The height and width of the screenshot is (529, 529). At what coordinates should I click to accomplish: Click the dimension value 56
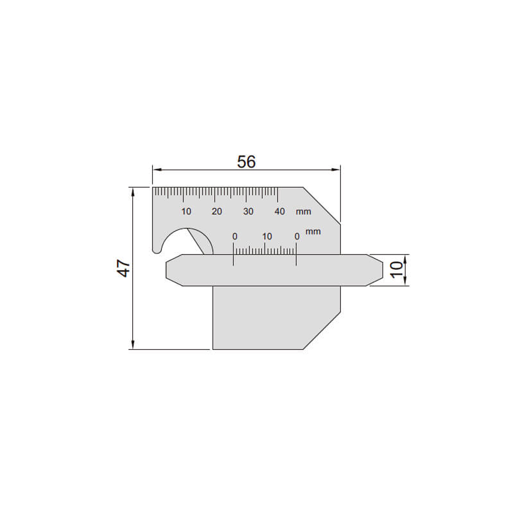246,162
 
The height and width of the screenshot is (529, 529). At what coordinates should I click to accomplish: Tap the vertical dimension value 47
123,268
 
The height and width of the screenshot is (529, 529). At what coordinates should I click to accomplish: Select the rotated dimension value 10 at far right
396,270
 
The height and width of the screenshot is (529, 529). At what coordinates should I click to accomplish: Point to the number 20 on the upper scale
217,212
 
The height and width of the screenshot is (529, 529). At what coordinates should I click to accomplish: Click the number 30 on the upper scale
248,212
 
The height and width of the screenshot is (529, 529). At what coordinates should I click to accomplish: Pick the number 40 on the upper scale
280,212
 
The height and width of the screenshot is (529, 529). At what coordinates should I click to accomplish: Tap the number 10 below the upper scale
186,212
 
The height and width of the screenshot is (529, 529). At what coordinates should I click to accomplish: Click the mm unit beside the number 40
304,212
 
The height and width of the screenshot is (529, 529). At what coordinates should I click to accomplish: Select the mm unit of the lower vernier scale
313,232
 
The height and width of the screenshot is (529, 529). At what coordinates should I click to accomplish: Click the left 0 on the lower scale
234,236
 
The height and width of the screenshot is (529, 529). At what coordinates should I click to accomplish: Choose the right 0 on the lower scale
297,236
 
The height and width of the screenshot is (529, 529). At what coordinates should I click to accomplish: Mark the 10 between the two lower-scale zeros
267,236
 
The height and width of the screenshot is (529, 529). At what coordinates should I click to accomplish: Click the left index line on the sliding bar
233,259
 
